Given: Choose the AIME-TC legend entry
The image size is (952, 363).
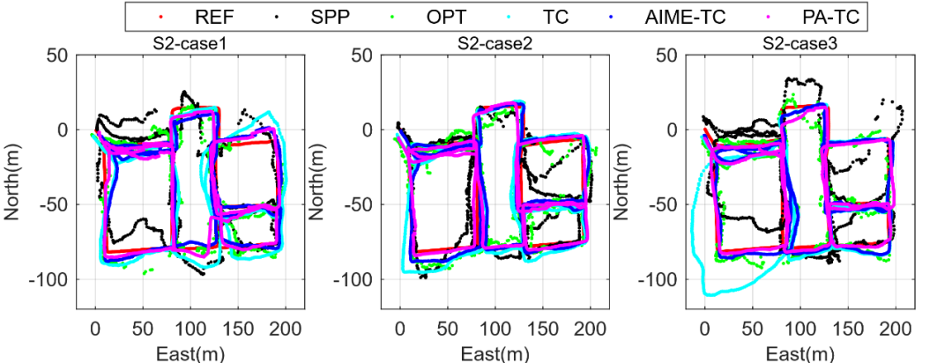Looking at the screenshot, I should [x=684, y=17].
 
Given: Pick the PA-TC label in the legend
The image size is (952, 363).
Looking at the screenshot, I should [x=819, y=17].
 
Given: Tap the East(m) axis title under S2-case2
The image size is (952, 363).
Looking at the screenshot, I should [x=494, y=352].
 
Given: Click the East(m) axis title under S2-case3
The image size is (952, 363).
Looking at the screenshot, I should [x=798, y=352].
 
